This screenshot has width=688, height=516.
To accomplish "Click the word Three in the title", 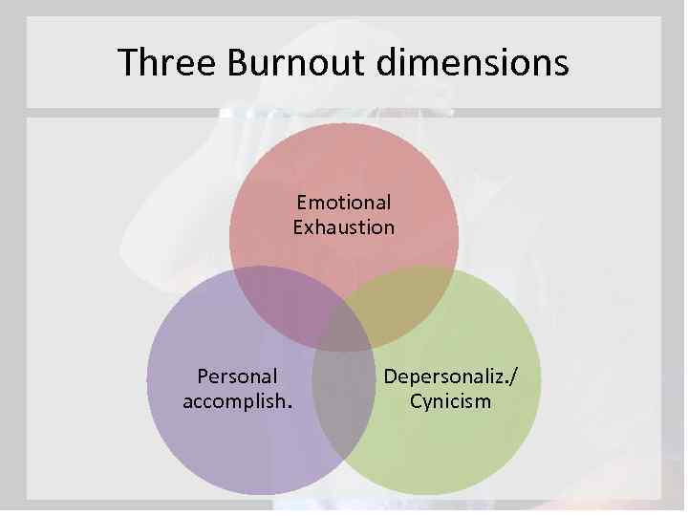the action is point(166,63).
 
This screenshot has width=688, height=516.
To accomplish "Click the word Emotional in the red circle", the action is point(344,203).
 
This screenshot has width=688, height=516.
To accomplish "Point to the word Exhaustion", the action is point(344,227).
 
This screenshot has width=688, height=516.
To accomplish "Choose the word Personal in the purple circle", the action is point(236,376).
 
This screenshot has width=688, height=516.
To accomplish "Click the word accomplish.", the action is point(236,401).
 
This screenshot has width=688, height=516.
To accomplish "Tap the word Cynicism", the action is point(450,401).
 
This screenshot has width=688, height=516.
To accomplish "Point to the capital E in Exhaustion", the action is point(298,227).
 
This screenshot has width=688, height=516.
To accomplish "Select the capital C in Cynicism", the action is point(416,401).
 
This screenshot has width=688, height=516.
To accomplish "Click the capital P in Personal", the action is point(201,376).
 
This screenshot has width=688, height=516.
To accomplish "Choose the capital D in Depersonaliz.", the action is point(390,376).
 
